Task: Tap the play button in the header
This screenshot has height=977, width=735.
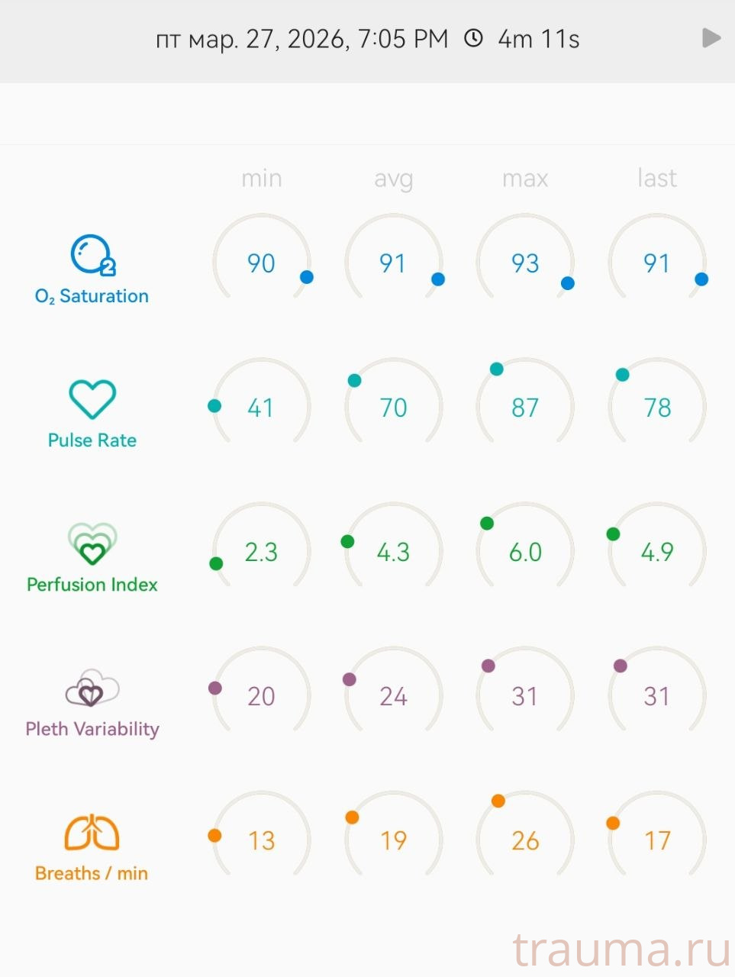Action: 711,38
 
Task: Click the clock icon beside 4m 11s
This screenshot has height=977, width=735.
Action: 474,38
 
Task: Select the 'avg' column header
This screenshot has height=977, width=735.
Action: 393,179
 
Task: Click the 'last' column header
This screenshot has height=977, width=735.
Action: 656,179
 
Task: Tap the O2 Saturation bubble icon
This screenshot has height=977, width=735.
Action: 92,255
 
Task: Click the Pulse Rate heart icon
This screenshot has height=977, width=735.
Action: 92,399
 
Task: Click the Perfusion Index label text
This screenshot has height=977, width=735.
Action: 92,585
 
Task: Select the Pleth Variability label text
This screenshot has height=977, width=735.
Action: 92,729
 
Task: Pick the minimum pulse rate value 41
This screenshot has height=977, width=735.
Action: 261,408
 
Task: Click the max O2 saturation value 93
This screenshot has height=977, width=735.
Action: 525,263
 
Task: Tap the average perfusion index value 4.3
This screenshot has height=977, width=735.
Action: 393,552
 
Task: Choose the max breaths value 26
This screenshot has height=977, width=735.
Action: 525,840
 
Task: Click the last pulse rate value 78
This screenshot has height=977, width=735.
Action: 657,408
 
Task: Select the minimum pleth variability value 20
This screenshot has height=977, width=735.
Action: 261,696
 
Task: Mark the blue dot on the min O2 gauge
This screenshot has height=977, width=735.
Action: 307,277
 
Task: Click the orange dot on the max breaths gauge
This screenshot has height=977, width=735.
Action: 498,801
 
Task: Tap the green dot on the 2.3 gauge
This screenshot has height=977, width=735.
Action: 216,563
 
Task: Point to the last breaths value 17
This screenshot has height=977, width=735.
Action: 657,840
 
